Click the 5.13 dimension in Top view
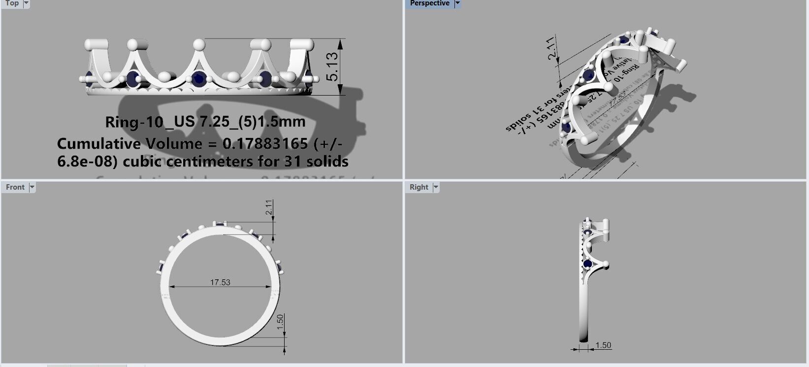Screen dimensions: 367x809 pyautogui.click(x=333, y=67)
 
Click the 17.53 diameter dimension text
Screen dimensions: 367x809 pyautogui.click(x=220, y=282)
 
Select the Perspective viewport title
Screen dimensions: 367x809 pyautogui.click(x=429, y=3)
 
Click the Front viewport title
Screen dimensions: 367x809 pyautogui.click(x=15, y=187)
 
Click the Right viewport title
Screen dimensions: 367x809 pyautogui.click(x=419, y=187)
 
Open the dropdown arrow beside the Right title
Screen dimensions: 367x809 pyautogui.click(x=436, y=187)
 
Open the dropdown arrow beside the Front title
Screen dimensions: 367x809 pyautogui.click(x=32, y=187)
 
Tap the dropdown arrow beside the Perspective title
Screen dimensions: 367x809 pyautogui.click(x=457, y=3)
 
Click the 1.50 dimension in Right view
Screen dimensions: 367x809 pyautogui.click(x=603, y=345)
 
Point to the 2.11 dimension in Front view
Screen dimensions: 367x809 pyautogui.click(x=269, y=207)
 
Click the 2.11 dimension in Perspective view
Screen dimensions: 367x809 pyautogui.click(x=552, y=48)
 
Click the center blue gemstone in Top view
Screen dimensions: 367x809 pyautogui.click(x=198, y=78)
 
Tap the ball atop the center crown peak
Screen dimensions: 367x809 pyautogui.click(x=199, y=45)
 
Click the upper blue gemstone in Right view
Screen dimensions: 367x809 pyautogui.click(x=588, y=233)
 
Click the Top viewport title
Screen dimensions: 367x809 pyautogui.click(x=12, y=3)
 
